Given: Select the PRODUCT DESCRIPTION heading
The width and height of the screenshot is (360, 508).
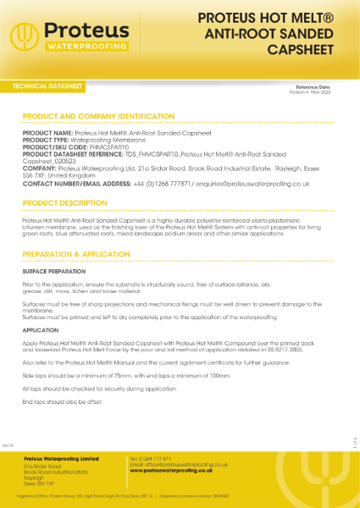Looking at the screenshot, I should pos(65,203).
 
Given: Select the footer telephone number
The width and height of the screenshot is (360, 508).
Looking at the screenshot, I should pos(152,458).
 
